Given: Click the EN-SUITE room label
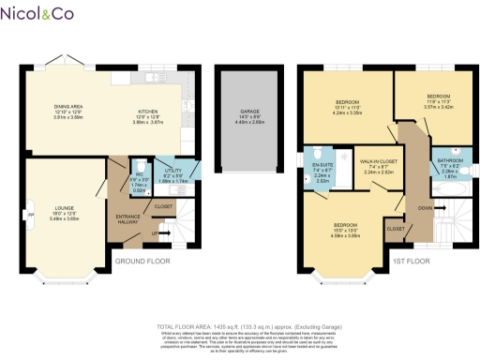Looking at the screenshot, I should [321, 166].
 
